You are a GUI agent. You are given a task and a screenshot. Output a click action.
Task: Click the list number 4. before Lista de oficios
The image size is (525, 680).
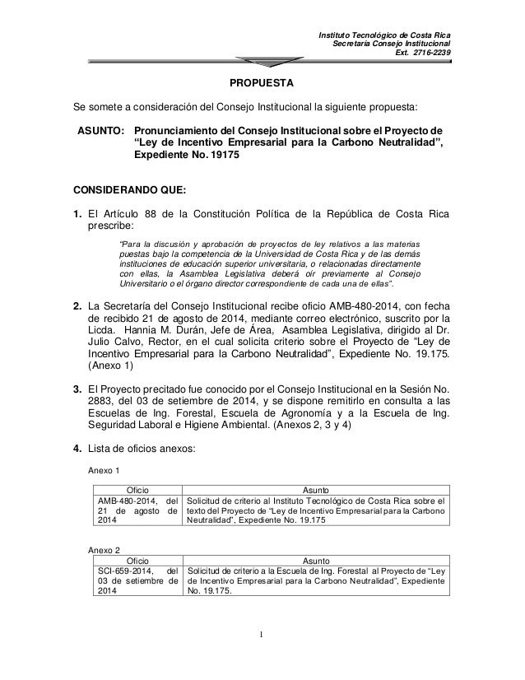[79, 449]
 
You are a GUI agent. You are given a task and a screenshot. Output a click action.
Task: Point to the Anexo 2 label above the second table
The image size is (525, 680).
[105, 549]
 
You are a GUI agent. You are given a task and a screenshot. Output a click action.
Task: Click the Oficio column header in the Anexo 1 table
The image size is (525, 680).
[137, 489]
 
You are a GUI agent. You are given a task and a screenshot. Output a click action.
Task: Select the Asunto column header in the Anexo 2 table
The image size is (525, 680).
[316, 559]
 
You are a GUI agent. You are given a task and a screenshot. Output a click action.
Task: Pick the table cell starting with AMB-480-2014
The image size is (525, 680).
[136, 510]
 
